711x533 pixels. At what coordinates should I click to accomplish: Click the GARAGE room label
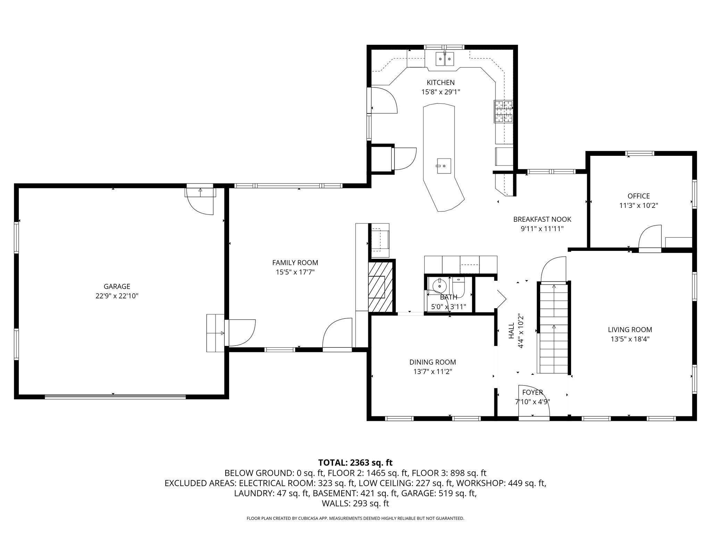tap(117, 287)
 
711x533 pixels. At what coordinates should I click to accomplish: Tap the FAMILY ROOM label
tap(295, 263)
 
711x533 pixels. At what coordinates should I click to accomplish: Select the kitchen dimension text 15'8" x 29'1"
tap(441, 92)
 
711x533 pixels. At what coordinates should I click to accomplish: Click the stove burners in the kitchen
tap(503, 111)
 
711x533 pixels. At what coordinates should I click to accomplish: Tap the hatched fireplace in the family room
tap(381, 287)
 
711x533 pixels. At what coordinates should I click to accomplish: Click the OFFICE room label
tap(638, 196)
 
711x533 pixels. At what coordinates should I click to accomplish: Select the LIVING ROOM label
tap(630, 330)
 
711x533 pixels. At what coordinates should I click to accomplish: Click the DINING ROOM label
tap(433, 362)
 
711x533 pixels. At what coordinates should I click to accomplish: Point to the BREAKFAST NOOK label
tap(542, 219)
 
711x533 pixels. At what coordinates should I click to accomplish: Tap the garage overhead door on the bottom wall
tap(115, 397)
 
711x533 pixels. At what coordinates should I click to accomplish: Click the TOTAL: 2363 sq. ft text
tap(355, 463)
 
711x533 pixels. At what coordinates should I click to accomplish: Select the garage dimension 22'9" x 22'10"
tap(117, 296)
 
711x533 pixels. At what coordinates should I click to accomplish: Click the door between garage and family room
tap(240, 332)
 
